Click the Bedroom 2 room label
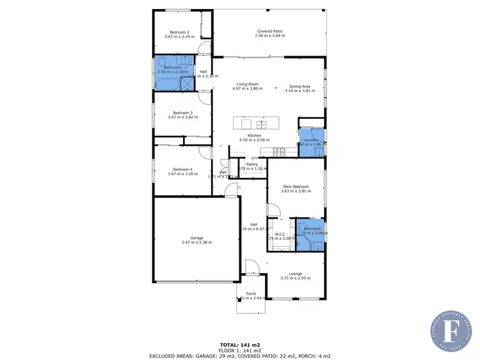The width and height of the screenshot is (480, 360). click(179, 32)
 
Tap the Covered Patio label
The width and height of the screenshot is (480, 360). click(269, 31)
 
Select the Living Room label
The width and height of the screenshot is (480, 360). click(247, 84)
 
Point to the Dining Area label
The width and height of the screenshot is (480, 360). click(300, 86)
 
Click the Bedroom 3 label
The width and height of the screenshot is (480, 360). click(179, 113)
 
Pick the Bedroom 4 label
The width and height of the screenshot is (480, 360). click(179, 169)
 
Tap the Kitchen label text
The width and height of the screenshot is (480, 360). click(254, 136)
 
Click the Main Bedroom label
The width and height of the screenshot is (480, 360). click(295, 186)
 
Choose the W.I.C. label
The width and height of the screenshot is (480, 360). click(280, 233)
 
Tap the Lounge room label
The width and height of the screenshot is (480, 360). click(294, 273)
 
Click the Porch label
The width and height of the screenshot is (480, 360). click(251, 294)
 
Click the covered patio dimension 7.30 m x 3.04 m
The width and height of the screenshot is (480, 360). click(269, 36)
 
